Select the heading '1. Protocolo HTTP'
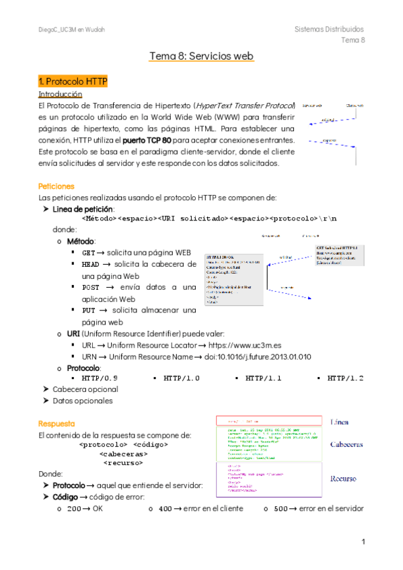[x=73, y=81]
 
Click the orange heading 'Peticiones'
[x=57, y=186]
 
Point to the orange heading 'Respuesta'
[x=57, y=424]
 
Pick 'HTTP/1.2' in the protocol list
[x=345, y=378]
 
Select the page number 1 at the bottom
[x=363, y=542]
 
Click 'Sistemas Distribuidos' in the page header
[x=329, y=30]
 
